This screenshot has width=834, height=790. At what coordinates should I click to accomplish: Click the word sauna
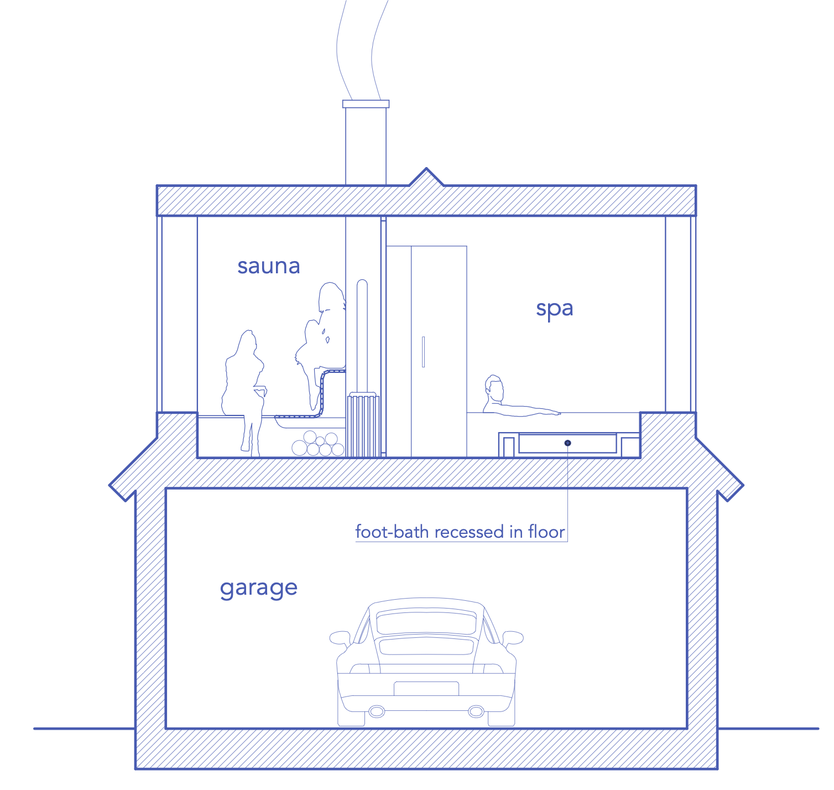coord(269,266)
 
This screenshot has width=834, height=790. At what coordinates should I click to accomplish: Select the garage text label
coord(258,588)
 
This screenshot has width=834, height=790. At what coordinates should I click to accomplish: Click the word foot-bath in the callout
coord(392,532)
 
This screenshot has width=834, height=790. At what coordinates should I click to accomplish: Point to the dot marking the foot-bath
coord(567,443)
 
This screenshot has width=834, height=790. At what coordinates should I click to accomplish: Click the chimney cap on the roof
coord(366,104)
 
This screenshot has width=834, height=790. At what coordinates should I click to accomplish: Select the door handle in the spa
coord(423,352)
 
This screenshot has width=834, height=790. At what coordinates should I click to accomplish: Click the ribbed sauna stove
coord(363,425)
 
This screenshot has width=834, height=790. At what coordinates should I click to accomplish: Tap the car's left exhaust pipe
coord(377,711)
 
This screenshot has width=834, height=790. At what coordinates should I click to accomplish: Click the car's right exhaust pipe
coord(476,711)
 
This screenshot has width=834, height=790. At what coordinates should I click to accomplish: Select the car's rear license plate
coord(426,689)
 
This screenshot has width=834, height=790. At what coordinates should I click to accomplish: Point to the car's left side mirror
coord(339,638)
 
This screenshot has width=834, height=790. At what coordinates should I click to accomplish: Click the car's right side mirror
coord(513,638)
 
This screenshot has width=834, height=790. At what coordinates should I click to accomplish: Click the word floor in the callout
coord(546,532)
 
